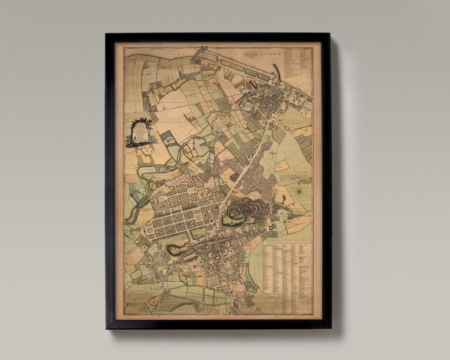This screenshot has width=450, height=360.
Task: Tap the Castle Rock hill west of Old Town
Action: tap(177, 248)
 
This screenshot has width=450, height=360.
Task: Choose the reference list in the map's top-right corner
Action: tap(298, 62)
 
